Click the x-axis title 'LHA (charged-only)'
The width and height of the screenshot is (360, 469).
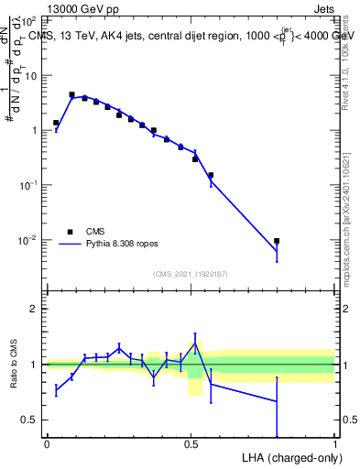tap(289, 457)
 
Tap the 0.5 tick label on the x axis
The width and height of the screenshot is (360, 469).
tap(191, 444)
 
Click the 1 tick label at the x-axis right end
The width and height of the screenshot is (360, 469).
tap(334, 444)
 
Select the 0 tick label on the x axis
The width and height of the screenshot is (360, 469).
tap(47, 444)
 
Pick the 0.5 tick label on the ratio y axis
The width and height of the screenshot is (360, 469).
tap(28, 420)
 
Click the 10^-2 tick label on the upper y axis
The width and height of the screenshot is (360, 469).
tap(27, 240)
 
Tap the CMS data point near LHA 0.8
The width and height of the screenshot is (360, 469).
tap(277, 241)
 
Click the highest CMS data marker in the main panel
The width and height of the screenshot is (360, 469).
tap(72, 94)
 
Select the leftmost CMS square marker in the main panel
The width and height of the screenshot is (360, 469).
tap(56, 123)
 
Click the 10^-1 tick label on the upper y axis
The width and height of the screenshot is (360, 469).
tap(27, 185)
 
